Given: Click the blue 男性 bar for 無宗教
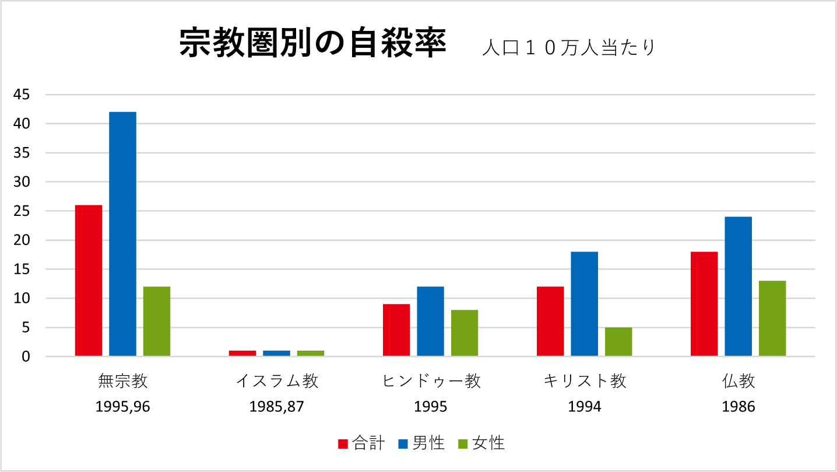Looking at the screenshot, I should pos(122,233).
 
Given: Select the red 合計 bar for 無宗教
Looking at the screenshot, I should pos(89,280).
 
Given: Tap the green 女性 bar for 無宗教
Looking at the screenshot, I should pos(157,321).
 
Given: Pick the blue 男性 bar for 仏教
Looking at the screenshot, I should pos(738,286).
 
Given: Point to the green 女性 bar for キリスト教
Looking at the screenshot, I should pos(618,341).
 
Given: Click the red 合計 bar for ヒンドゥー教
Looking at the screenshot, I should pos(396,330).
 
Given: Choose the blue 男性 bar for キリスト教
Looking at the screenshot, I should pos(584,303).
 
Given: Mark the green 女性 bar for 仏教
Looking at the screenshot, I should pos(772,318).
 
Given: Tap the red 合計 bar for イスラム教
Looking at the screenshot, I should pos(242,353).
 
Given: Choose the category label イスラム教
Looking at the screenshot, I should pos(277,382).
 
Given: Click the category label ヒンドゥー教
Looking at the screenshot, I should pos(431,382).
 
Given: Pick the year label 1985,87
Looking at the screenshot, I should pos(277,407).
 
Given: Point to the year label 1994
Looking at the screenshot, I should pos(585,407).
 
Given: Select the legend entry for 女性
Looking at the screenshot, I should pos(481,443).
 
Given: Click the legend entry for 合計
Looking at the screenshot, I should pos(361,443).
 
